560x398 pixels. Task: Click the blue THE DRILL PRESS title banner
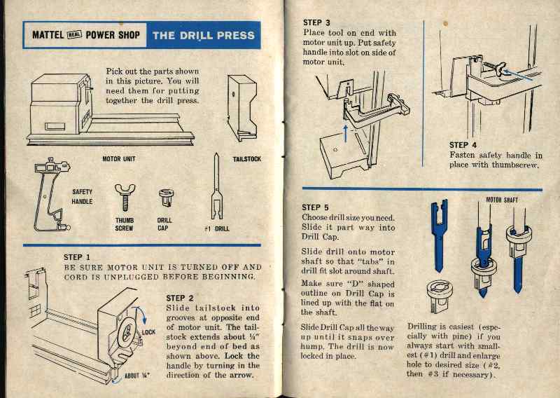coord(203,35)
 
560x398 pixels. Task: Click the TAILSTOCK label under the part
coord(246,159)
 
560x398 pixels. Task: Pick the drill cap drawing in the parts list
coord(166,197)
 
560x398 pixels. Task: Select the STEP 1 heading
coord(77,257)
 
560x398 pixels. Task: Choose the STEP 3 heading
coord(316,22)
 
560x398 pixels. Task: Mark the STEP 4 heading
coord(463,145)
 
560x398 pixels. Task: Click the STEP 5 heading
coord(315,207)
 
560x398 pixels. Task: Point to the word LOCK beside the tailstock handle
coord(148,332)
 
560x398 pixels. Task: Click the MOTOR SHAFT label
coord(503,200)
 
